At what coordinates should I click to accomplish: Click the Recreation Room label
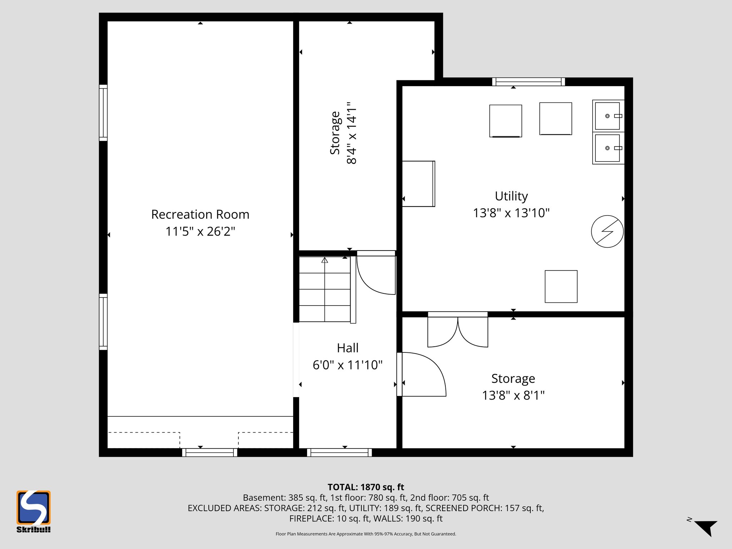200,214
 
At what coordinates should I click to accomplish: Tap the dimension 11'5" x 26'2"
200,232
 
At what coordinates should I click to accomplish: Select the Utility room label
511,196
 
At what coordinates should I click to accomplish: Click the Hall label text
347,348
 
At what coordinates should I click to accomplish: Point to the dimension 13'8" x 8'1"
513,395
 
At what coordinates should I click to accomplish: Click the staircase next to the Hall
325,290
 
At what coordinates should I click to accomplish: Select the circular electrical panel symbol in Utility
607,231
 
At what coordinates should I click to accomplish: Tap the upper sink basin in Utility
607,116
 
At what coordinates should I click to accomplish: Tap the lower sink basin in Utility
607,148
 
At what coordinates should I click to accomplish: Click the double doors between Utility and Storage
458,331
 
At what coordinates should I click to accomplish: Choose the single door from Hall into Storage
422,375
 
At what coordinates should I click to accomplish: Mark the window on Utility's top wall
528,82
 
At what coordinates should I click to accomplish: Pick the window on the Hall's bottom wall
339,452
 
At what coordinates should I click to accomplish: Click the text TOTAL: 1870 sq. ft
366,487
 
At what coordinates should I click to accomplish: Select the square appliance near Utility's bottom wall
561,286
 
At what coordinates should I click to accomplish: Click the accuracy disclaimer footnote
366,534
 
